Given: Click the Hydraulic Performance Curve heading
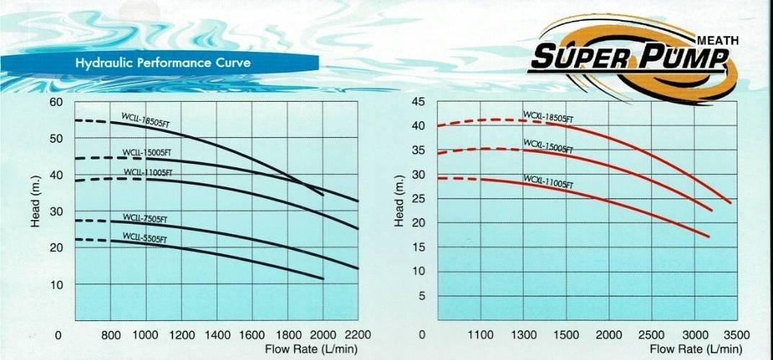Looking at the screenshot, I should (x=163, y=63).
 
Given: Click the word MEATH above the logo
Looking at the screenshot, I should (x=718, y=40).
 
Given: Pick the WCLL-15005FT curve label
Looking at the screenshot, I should (x=147, y=153).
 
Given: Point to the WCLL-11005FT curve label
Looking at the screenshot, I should (x=146, y=172).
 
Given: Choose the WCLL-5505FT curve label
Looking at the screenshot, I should (x=144, y=237).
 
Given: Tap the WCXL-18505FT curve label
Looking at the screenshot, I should (x=548, y=117).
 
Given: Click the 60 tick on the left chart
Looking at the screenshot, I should (x=57, y=101).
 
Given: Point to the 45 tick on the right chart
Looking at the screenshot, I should (x=418, y=101).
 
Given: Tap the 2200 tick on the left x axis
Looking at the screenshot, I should (x=358, y=335).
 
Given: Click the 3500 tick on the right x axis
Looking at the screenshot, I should (x=737, y=335).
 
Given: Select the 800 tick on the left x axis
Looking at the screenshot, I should (x=110, y=335).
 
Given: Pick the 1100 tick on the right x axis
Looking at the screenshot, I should (x=481, y=335).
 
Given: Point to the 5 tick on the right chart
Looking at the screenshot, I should (x=423, y=297).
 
